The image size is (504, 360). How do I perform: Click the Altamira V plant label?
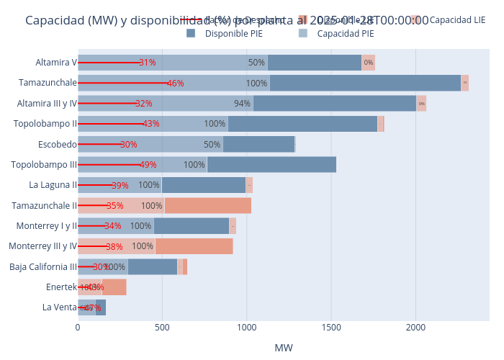56,63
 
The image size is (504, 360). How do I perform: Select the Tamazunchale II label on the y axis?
44,206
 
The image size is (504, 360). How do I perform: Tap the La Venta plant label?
59,307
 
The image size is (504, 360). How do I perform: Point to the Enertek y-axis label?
60,287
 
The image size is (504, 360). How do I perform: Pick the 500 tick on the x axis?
162,327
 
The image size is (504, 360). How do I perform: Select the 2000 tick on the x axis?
416,327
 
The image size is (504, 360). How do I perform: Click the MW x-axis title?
284,348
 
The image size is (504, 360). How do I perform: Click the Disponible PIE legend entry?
223,33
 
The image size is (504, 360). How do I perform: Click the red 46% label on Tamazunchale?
175,84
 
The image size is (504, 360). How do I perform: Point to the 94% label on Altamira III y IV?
242,104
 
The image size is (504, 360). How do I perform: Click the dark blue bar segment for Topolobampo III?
271,165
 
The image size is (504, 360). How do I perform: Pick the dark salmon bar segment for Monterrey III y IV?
194,246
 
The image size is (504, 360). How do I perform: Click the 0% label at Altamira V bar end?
368,63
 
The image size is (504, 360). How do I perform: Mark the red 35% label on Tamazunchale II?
114,206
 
